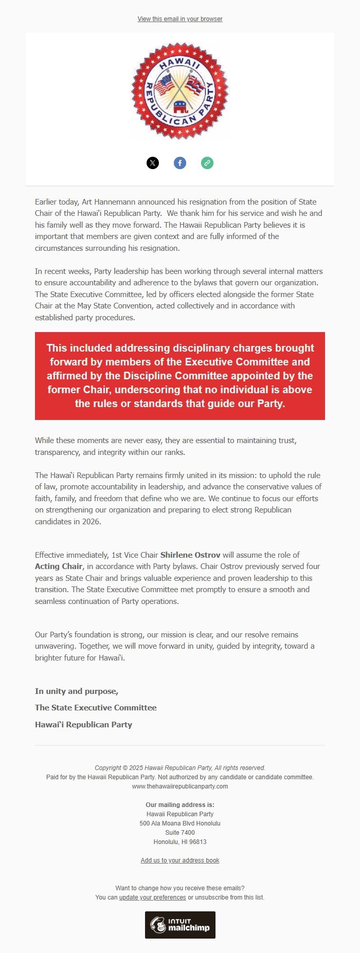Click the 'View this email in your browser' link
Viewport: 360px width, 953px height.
point(180,19)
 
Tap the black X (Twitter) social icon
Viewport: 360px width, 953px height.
point(153,163)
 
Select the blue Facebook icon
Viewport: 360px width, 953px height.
point(180,163)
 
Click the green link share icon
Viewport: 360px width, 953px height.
point(207,163)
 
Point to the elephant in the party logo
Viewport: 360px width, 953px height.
point(181,107)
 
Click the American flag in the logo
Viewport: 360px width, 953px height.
point(165,85)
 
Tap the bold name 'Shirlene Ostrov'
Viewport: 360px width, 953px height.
point(190,555)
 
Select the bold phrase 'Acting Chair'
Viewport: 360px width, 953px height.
point(59,566)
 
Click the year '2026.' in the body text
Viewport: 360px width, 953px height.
point(91,522)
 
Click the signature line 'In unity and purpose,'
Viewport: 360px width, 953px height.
point(77,691)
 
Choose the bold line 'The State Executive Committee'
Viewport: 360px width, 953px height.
point(96,708)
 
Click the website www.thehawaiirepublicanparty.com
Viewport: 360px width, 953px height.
point(180,786)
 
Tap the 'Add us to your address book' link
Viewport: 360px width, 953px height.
point(180,860)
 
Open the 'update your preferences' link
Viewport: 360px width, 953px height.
point(153,897)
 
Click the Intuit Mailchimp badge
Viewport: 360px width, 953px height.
point(180,925)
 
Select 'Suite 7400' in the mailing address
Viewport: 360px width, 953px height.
point(180,833)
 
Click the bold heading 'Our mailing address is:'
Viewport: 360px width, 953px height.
point(180,805)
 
